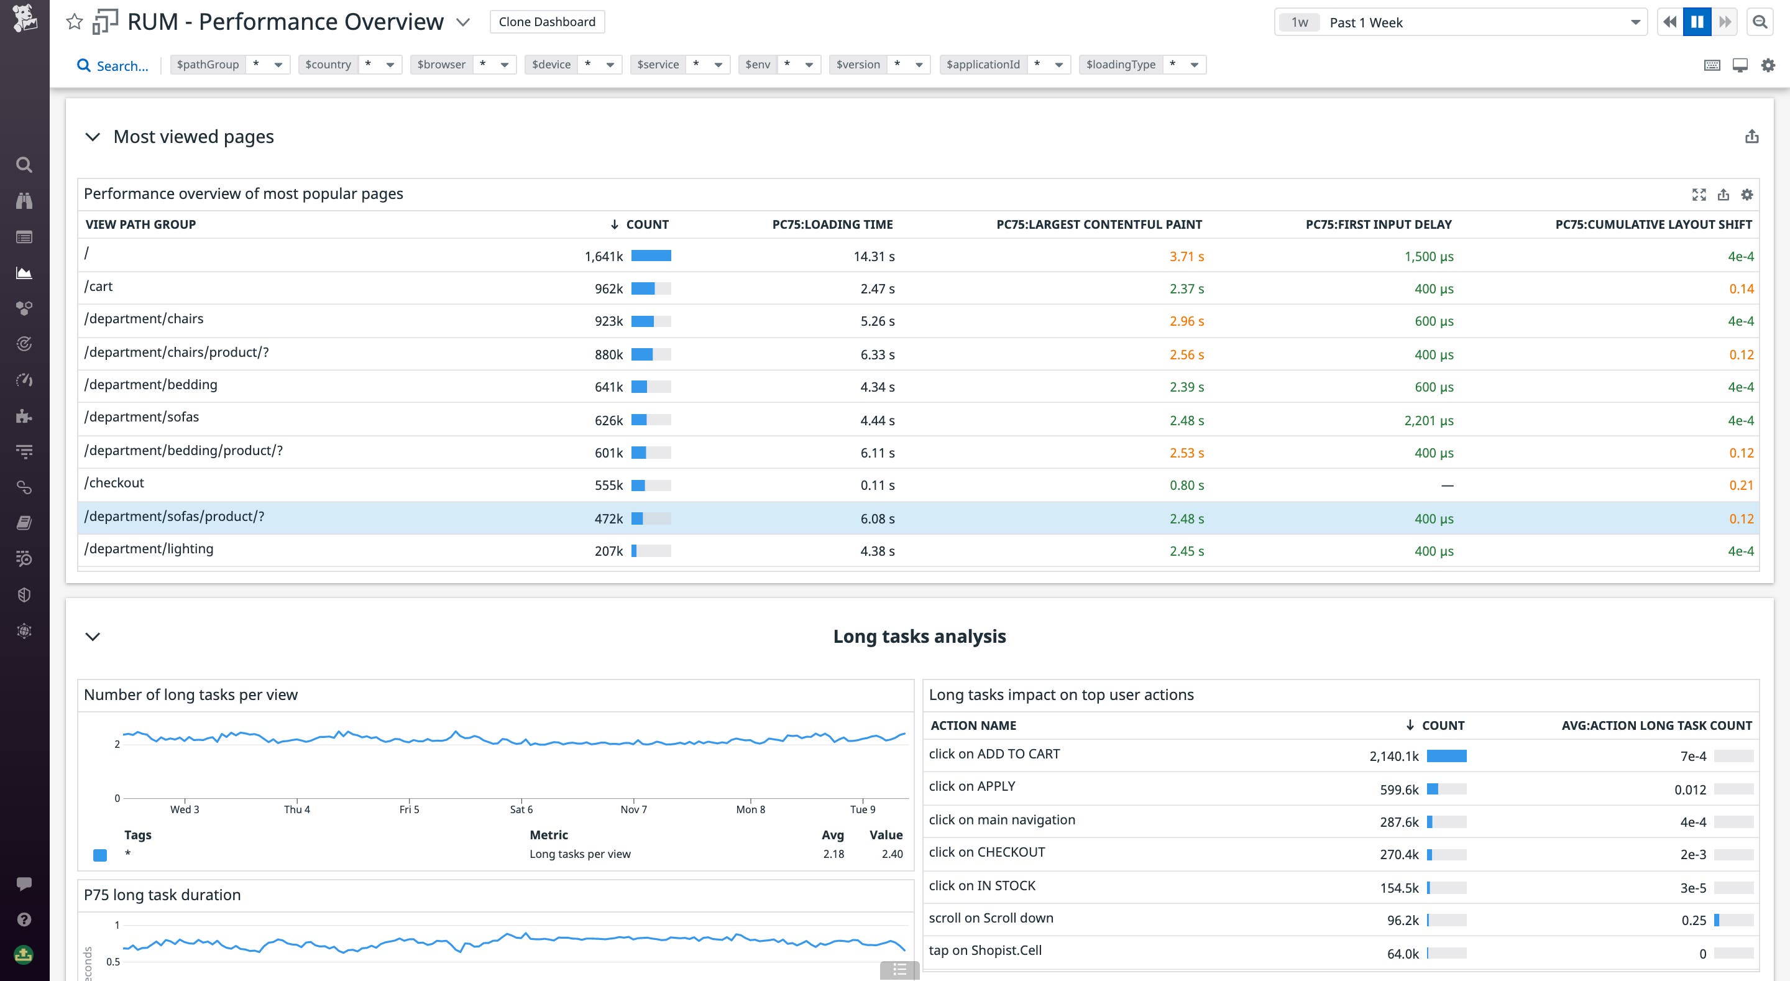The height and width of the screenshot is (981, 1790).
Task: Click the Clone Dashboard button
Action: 547,22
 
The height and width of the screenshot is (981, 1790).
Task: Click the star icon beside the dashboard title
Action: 75,22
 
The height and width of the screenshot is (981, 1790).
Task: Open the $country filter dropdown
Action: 349,65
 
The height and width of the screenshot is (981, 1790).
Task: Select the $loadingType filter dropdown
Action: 1142,65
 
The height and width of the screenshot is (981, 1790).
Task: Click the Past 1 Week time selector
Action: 1459,22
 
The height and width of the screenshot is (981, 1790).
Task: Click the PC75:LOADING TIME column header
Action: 832,224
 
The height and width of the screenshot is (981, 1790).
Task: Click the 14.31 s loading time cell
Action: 873,257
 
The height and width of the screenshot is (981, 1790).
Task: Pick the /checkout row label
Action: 114,483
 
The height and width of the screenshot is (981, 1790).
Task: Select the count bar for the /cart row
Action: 650,288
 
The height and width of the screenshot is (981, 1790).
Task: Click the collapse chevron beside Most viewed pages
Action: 93,137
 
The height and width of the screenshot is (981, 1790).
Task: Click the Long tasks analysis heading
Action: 919,636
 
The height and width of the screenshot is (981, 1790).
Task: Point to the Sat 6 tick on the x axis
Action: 521,809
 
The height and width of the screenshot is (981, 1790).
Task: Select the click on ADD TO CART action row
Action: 994,754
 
